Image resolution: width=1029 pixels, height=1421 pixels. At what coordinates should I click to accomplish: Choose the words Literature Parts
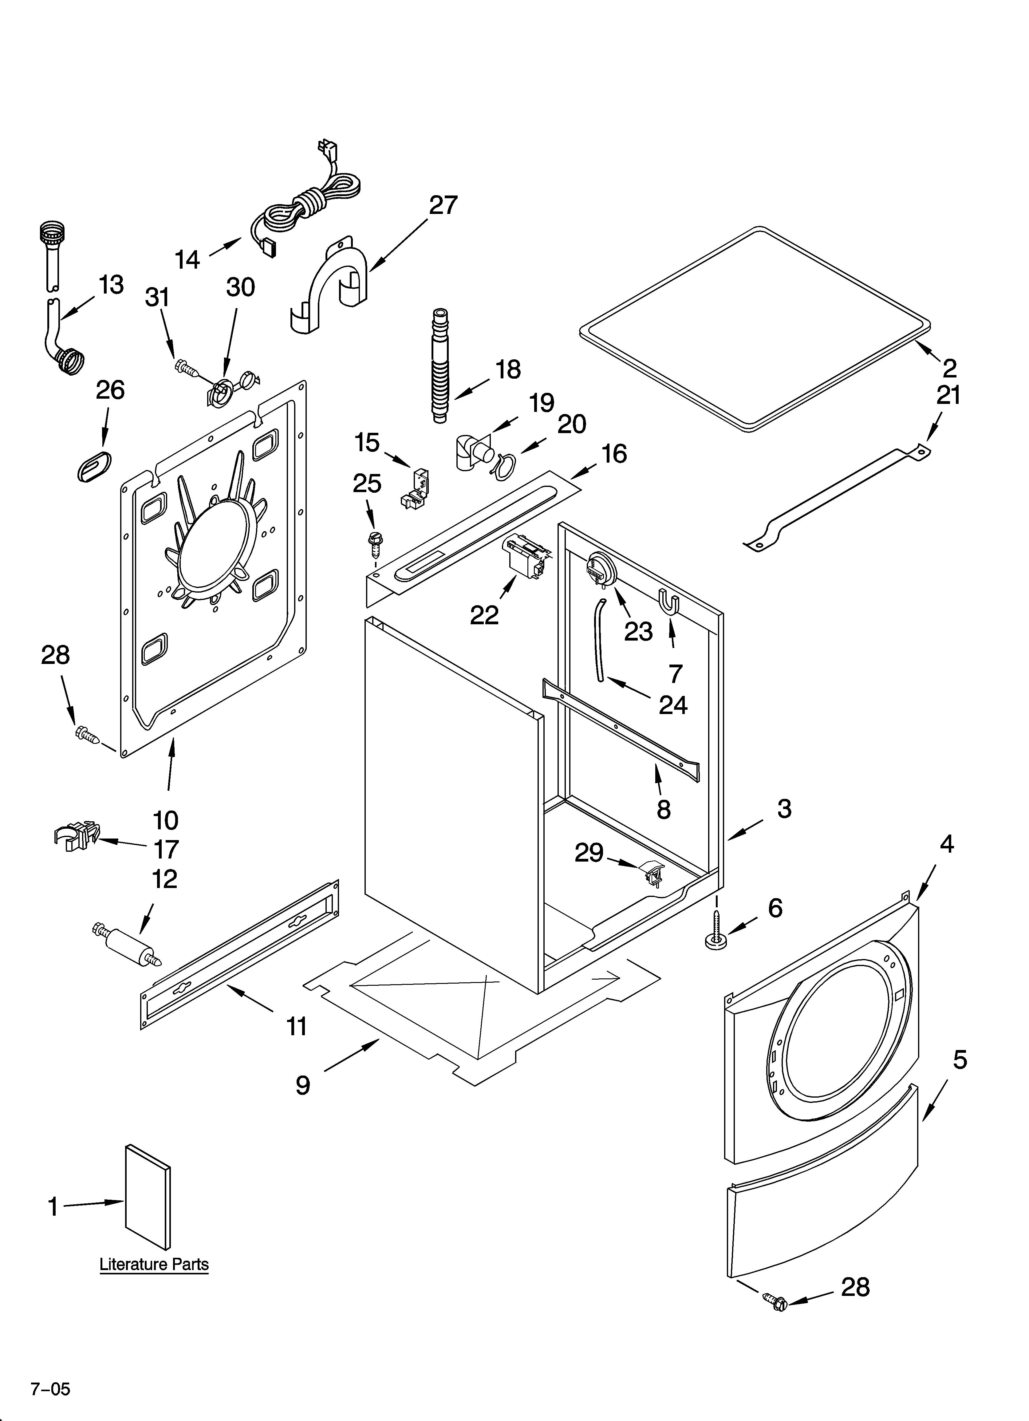[154, 1264]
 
